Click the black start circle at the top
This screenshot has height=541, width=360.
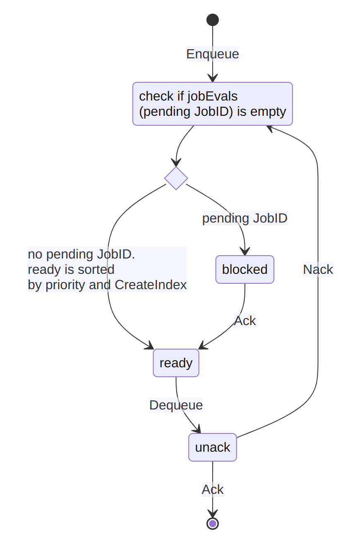click(212, 20)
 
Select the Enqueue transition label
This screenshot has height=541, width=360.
click(212, 54)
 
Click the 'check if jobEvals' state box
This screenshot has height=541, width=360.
click(212, 104)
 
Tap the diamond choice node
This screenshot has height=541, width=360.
click(176, 178)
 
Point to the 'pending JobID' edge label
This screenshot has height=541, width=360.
click(245, 218)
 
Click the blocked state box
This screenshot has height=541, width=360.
click(245, 270)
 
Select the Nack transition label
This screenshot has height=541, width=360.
click(318, 270)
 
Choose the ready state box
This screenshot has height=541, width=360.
click(176, 363)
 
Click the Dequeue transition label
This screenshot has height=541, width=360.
click(176, 405)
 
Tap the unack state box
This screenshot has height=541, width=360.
click(212, 448)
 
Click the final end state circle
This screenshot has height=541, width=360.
click(212, 524)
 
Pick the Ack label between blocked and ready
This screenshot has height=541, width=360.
click(245, 321)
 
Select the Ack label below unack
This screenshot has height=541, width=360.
click(212, 490)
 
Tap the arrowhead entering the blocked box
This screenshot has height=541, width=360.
click(245, 251)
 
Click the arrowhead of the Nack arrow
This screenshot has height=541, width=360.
click(270, 128)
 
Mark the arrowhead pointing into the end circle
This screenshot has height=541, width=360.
click(212, 513)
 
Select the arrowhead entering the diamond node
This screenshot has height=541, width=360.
click(176, 163)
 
